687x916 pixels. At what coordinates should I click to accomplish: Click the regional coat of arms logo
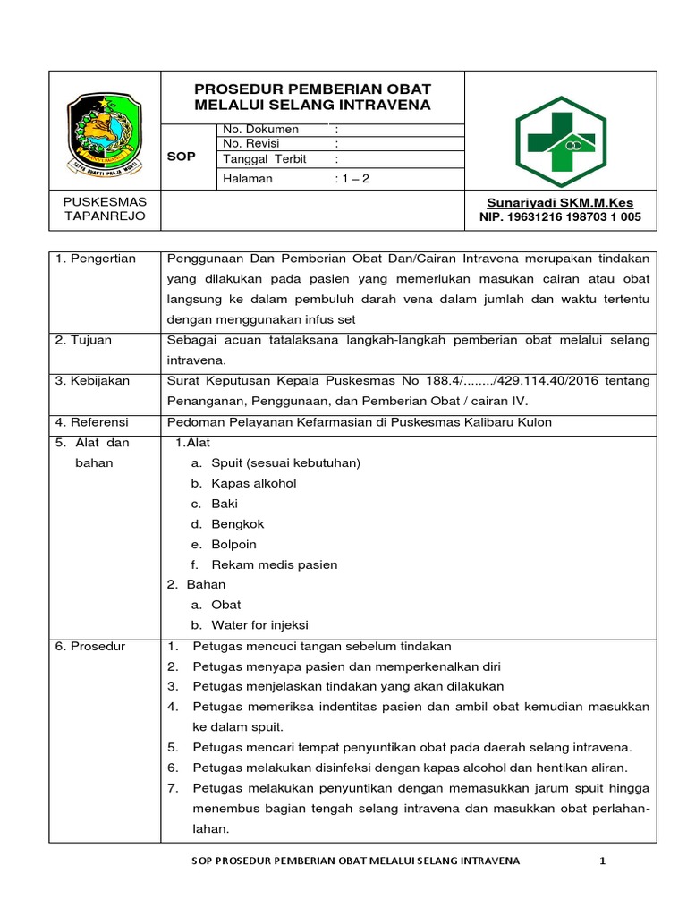click(105, 131)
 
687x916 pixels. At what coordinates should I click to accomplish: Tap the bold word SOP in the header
click(181, 157)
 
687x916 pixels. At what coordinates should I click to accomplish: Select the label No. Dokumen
click(260, 130)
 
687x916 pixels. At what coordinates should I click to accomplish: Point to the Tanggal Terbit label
click(264, 159)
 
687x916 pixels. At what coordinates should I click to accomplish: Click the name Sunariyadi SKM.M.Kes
click(559, 202)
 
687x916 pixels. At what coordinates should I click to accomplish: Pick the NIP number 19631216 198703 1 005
click(560, 216)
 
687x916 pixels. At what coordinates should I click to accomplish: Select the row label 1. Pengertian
click(96, 259)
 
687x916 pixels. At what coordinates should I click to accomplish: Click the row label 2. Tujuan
click(85, 341)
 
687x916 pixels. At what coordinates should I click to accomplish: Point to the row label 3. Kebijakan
click(93, 381)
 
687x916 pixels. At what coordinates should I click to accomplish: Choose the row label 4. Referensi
click(92, 421)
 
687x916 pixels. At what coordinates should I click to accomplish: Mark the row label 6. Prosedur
click(90, 646)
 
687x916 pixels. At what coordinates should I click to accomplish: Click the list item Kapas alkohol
click(253, 483)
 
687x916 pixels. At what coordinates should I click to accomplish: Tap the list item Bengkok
click(238, 524)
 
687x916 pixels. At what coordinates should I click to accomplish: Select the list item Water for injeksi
click(259, 625)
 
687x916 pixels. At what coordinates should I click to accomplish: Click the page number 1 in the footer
click(602, 861)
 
